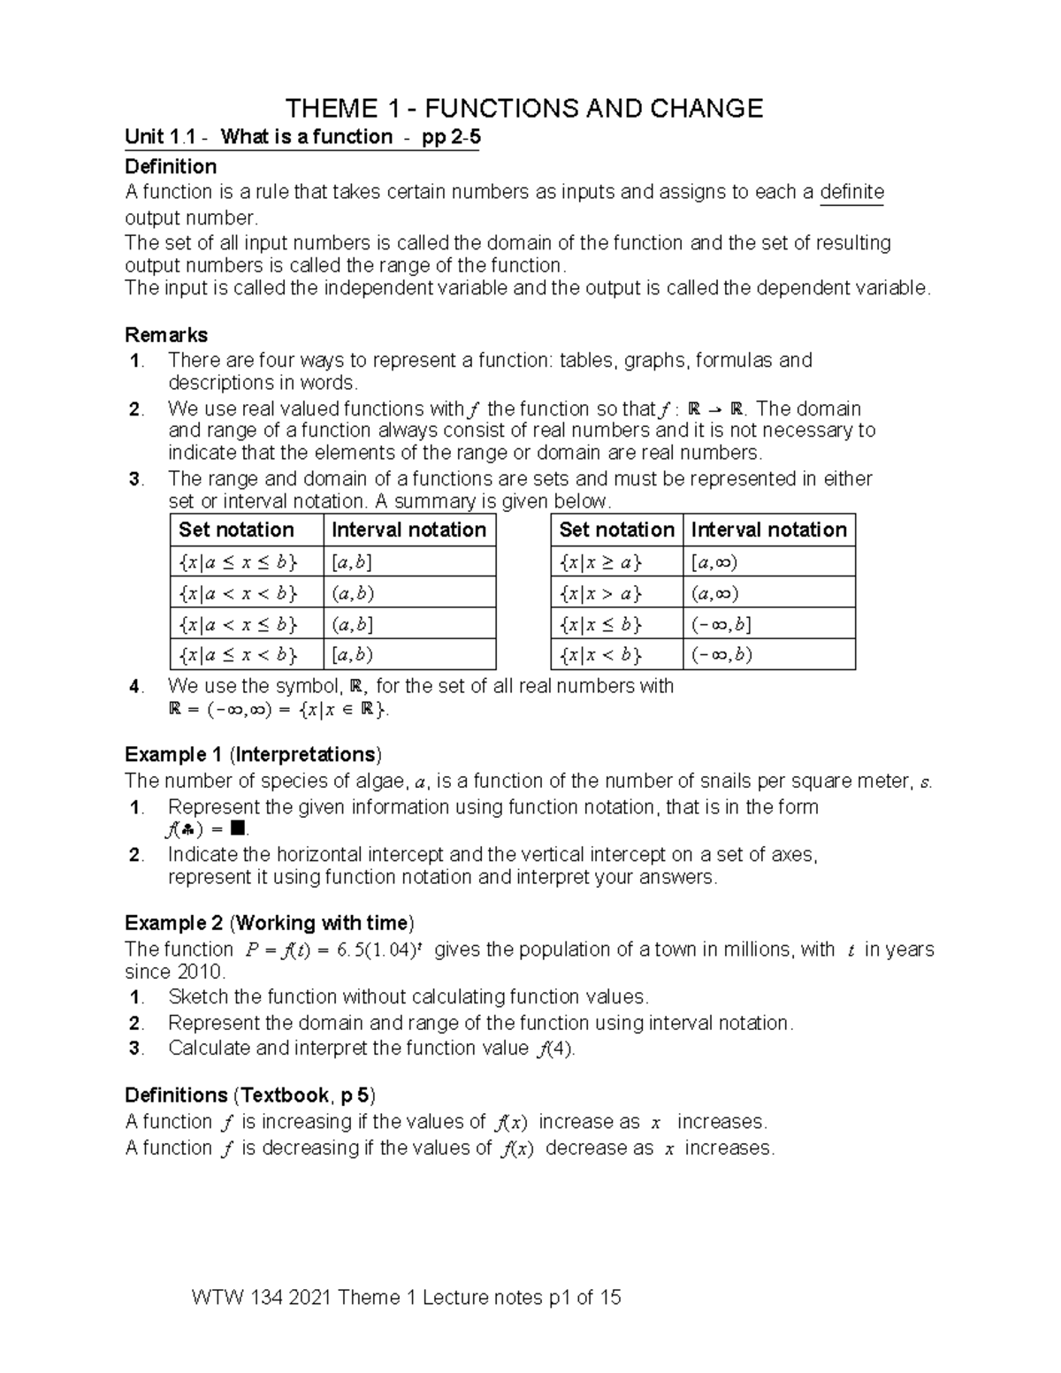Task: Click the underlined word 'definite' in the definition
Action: (x=851, y=192)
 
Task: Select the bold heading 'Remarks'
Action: (x=166, y=335)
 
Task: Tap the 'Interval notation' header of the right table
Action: (x=768, y=530)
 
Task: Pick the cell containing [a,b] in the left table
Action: (x=352, y=561)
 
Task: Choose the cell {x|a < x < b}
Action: (x=238, y=592)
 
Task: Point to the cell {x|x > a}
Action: (x=600, y=592)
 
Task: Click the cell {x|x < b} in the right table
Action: (x=600, y=655)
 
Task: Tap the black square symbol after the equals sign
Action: (x=236, y=828)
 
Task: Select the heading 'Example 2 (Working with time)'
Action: (x=269, y=923)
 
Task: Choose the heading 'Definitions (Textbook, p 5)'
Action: (x=250, y=1095)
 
